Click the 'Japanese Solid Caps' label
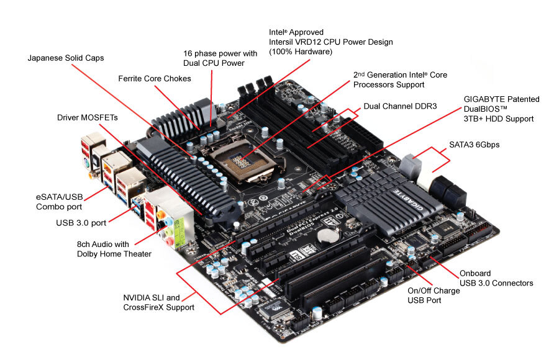66,58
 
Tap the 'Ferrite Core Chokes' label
155,79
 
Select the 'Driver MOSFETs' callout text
88,118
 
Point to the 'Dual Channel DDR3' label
400,106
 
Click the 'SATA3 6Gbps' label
474,145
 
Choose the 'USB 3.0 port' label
81,223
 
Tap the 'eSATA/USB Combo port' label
59,202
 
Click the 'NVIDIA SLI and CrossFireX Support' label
158,302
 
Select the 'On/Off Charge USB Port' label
434,295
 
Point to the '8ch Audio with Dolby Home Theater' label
114,249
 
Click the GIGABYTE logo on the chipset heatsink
409,200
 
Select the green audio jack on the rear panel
168,232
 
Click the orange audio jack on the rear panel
161,215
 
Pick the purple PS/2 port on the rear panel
86,163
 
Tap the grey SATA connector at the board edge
410,166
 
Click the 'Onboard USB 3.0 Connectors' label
496,278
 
